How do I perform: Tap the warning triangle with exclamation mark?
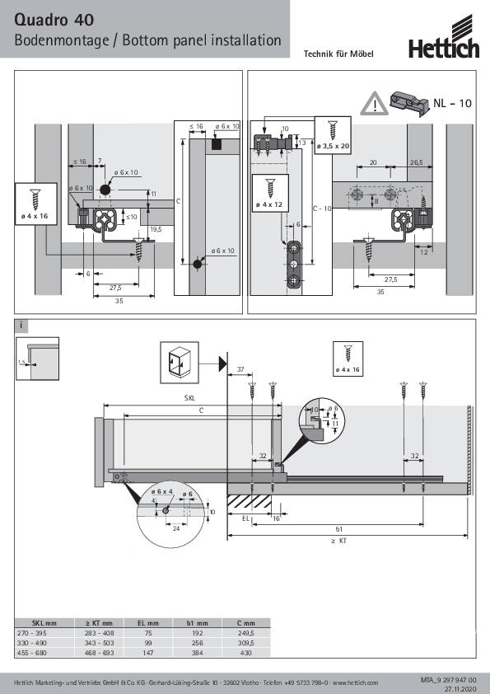374,104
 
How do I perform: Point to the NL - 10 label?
453,104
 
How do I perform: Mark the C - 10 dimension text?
322,209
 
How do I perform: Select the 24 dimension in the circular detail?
176,528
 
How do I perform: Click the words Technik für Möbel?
338,54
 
